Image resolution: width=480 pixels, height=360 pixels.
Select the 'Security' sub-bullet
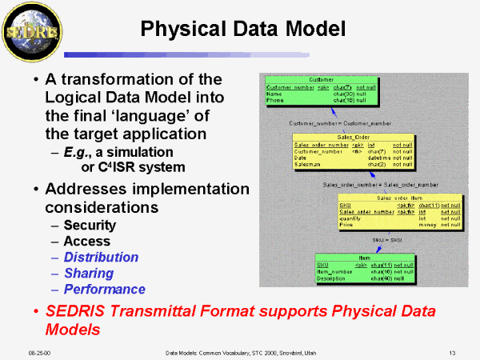90,225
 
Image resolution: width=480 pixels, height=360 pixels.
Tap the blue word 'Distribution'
101,257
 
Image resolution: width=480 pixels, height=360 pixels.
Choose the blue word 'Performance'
104,289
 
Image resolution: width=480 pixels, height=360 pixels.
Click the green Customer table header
321,79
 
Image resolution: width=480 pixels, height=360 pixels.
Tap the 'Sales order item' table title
399,197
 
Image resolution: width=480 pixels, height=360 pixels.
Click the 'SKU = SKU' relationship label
386,239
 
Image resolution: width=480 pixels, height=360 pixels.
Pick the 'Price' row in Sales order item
348,225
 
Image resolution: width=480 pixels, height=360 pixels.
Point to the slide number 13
452,351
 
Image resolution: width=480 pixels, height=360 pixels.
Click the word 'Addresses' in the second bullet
87,190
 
